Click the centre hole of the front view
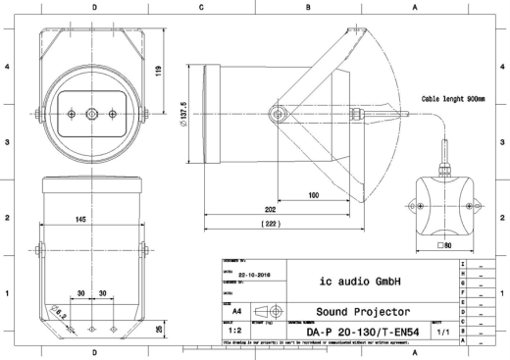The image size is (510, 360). [91, 115]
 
